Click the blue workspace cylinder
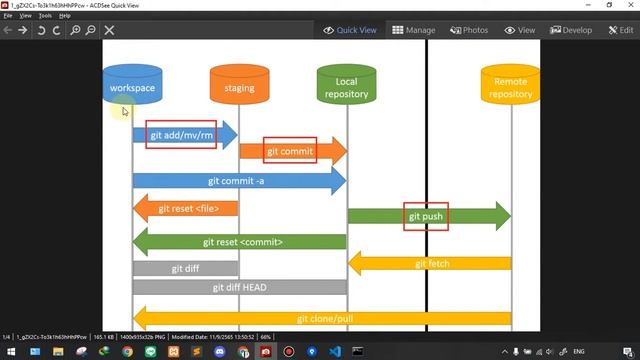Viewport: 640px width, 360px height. click(x=132, y=88)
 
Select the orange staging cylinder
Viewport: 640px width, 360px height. click(x=239, y=88)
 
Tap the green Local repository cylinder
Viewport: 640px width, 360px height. click(x=346, y=88)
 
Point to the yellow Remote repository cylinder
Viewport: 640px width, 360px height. click(x=510, y=88)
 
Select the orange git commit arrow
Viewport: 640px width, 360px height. click(x=291, y=152)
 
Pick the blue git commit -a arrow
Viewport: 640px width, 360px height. click(x=238, y=181)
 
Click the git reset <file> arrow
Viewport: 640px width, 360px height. click(x=186, y=209)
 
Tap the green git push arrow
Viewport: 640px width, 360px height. click(x=427, y=216)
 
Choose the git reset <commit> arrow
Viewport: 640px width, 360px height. click(x=240, y=242)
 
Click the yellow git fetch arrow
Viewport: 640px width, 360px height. click(x=430, y=264)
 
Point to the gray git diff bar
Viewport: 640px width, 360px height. click(x=185, y=268)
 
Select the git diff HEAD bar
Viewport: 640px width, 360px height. click(x=239, y=287)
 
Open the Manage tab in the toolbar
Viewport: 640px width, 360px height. click(x=414, y=30)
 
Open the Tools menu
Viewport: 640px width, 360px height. click(x=45, y=16)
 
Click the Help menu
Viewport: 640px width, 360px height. click(x=65, y=16)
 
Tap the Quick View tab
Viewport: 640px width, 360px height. click(x=350, y=30)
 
